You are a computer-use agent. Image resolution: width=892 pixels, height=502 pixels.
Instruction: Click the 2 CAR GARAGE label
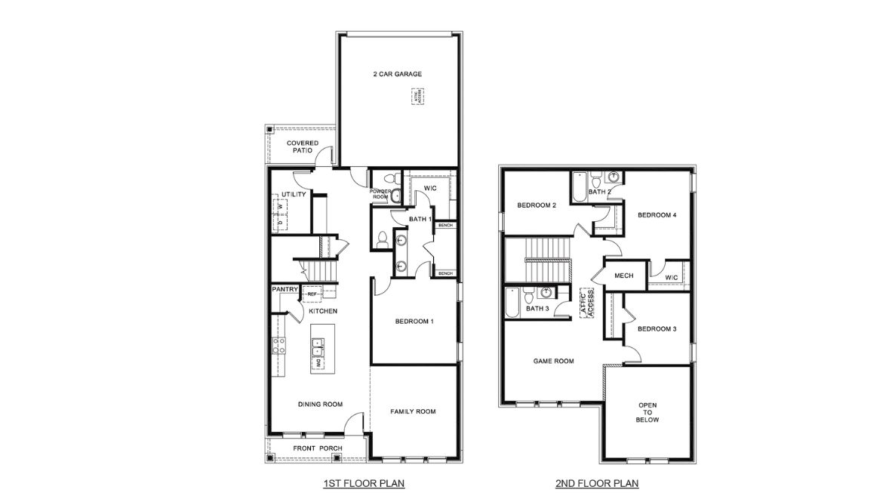pyautogui.click(x=397, y=74)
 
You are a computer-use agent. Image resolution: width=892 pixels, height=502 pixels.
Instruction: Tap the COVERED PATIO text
pyautogui.click(x=302, y=146)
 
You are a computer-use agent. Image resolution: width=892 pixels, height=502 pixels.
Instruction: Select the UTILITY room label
pyautogui.click(x=294, y=195)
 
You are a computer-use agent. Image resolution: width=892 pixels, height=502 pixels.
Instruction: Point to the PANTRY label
pyautogui.click(x=285, y=288)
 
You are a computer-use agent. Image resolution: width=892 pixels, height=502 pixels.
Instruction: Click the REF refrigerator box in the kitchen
pyautogui.click(x=311, y=294)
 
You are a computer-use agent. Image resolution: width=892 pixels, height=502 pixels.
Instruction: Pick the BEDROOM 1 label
pyautogui.click(x=414, y=322)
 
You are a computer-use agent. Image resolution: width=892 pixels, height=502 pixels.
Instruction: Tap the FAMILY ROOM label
pyautogui.click(x=413, y=411)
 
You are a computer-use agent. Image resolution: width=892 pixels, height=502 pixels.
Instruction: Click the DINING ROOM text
pyautogui.click(x=321, y=404)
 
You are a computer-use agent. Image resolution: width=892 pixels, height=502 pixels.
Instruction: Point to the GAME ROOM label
pyautogui.click(x=554, y=361)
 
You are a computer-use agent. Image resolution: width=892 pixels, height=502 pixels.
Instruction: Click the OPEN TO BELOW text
pyautogui.click(x=647, y=412)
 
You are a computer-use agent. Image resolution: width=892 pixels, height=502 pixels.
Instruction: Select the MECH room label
pyautogui.click(x=623, y=276)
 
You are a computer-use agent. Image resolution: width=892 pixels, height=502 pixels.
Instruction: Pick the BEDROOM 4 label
pyautogui.click(x=657, y=215)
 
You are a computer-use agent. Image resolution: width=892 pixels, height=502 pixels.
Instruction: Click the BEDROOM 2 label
pyautogui.click(x=537, y=205)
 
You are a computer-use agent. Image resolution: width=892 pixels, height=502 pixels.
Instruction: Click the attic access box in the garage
pyautogui.click(x=417, y=97)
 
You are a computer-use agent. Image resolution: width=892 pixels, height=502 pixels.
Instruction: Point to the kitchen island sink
pyautogui.click(x=318, y=350)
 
